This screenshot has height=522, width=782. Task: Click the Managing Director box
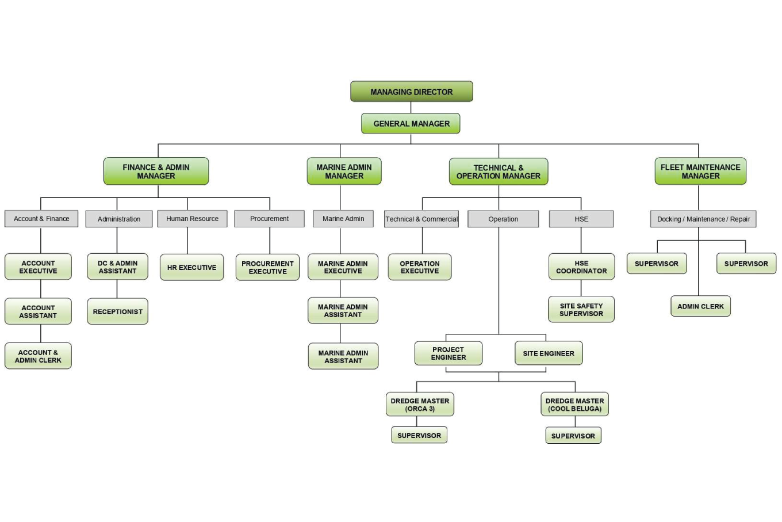412,92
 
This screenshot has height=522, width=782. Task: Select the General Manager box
411,123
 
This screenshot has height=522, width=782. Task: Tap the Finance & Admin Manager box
156,172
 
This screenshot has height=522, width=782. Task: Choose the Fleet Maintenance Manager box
700,172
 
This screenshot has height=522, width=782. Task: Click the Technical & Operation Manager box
499,172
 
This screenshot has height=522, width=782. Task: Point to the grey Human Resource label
192,219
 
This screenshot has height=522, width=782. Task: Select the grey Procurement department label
269,219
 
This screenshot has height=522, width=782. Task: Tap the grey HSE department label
581,219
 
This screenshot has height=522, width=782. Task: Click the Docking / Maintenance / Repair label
703,219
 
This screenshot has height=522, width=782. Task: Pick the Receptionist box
117,311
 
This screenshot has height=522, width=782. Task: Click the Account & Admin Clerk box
38,356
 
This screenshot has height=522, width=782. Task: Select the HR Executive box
191,268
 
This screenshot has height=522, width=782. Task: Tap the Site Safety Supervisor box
581,310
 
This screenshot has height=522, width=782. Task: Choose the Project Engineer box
448,353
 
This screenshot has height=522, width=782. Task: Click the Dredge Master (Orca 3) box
420,405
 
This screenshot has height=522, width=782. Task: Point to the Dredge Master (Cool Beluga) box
574,405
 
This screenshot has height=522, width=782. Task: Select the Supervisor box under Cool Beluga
573,436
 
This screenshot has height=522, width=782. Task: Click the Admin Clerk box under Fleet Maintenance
700,306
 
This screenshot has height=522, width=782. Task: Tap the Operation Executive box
420,267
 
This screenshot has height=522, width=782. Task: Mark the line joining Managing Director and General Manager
411,108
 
